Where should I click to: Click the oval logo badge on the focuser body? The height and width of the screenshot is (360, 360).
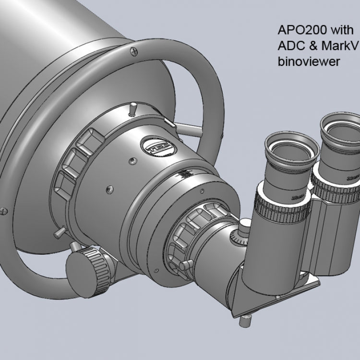coord(153,144)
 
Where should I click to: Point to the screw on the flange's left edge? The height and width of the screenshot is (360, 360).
coord(4,209)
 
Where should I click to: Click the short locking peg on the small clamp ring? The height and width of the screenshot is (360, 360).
coord(185,265)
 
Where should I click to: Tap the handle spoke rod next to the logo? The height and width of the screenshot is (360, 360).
coord(189,128)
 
